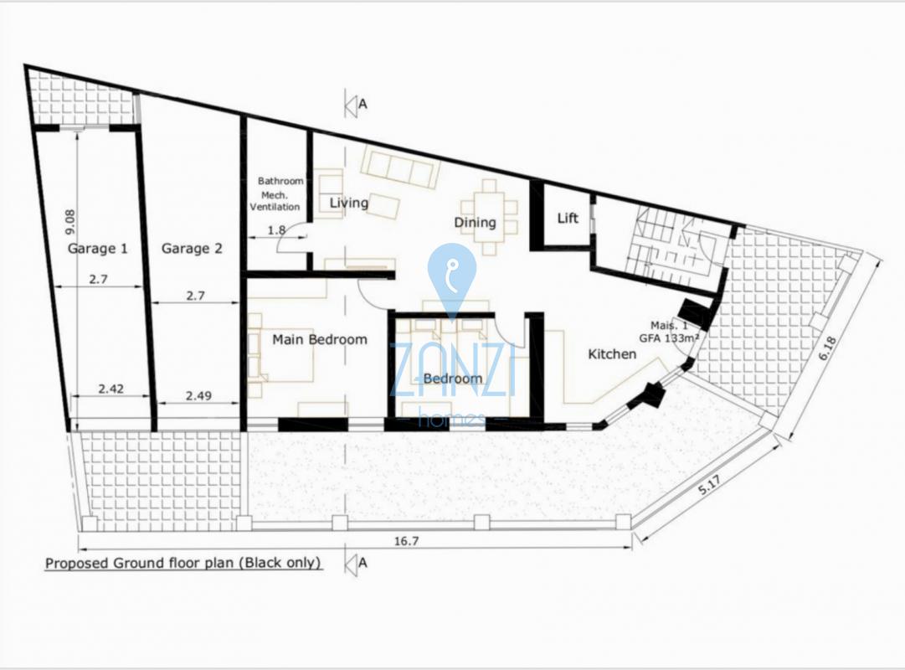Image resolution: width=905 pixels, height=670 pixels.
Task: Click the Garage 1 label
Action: point(98,249)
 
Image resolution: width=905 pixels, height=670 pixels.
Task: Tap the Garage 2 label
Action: point(192,249)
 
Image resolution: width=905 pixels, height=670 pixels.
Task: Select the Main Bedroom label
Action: point(320,339)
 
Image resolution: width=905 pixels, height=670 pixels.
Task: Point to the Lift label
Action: point(568,218)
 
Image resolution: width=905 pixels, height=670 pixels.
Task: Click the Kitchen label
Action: point(612,353)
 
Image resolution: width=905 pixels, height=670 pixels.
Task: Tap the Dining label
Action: point(475,223)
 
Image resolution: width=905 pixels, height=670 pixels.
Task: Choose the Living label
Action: point(348,203)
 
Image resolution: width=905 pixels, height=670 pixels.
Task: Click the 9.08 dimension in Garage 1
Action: point(69,222)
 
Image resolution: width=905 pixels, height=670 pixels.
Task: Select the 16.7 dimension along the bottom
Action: point(406,541)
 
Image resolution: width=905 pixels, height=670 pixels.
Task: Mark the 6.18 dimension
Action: point(827,349)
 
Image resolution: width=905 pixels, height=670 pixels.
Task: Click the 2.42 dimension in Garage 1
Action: point(111,389)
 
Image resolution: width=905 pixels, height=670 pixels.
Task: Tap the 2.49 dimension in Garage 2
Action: point(198,395)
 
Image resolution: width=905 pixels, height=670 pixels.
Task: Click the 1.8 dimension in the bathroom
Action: point(276,229)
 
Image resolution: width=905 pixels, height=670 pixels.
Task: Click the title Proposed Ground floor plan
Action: point(183,563)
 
